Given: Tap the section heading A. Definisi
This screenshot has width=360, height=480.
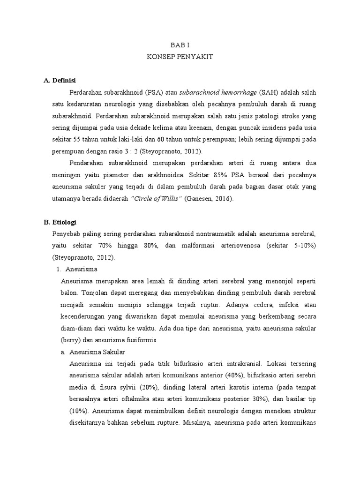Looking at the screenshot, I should pos(60,80).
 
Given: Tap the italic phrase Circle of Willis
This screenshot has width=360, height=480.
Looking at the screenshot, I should pos(157,198).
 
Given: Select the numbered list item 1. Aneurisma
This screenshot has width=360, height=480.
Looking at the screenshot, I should pos(77,270).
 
